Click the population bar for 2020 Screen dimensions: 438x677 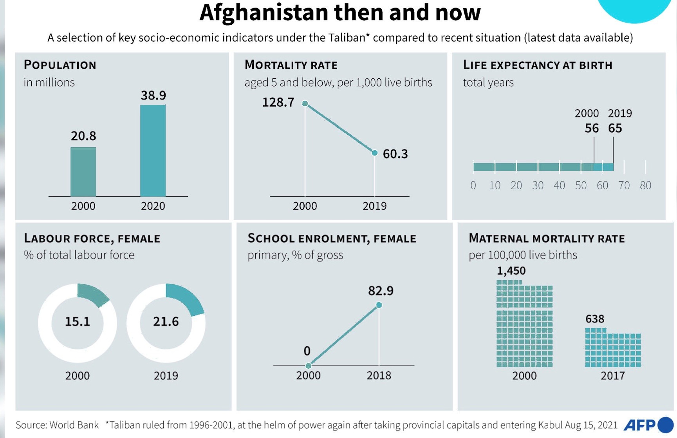153,151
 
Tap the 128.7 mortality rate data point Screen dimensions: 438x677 305,103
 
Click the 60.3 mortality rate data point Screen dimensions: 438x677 375,153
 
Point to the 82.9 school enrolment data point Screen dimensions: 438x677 379,305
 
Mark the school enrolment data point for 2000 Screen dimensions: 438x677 309,366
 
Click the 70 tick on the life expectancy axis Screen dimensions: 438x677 624,185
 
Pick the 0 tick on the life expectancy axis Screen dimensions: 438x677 473,185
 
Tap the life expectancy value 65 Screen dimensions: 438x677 615,128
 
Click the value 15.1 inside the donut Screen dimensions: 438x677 78,322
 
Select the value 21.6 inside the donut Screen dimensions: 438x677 166,322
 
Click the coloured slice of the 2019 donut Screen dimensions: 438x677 186,299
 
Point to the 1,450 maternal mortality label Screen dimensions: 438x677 511,271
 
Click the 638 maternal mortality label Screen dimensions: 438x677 595,319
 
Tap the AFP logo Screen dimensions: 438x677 648,425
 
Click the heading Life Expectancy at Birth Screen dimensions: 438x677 537,65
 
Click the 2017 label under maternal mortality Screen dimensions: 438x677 612,376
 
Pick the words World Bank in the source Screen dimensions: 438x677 74,425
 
